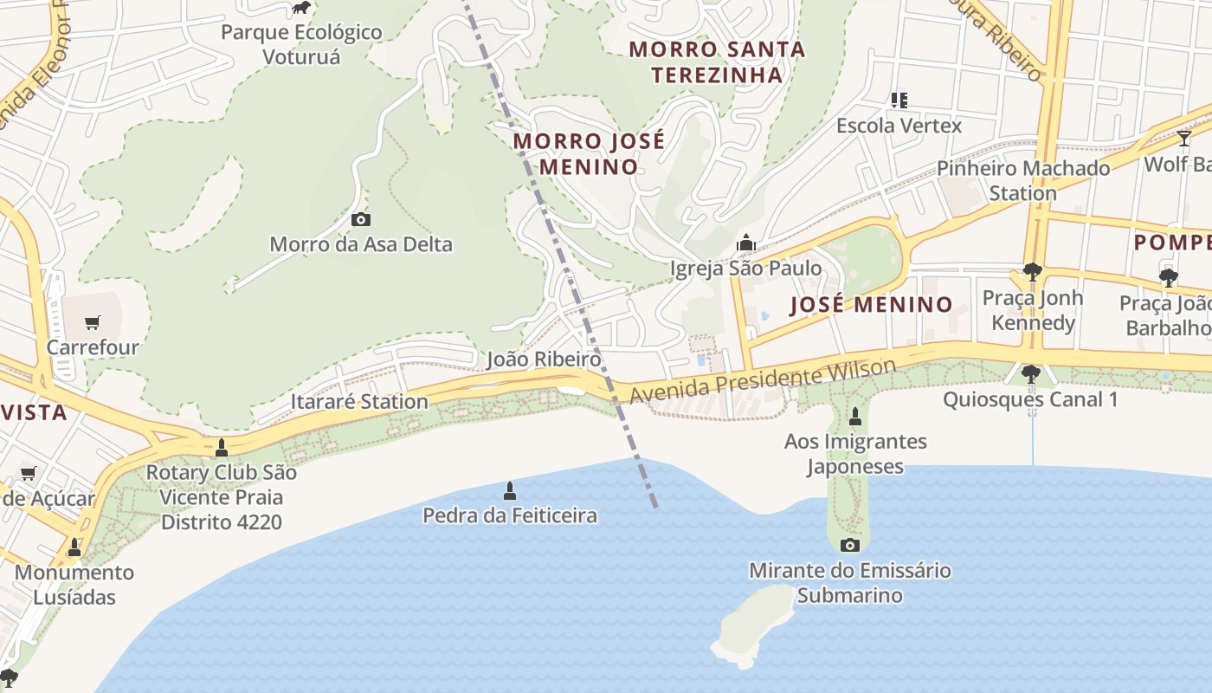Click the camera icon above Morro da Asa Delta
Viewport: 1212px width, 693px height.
point(361,220)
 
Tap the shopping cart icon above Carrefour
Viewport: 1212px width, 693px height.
point(93,323)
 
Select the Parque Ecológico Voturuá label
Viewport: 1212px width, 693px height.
point(301,45)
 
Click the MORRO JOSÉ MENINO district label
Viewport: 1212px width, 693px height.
point(589,153)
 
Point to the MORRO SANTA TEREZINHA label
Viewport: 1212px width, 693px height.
point(717,62)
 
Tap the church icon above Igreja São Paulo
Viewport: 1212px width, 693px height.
point(745,243)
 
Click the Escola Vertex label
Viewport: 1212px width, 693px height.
point(899,126)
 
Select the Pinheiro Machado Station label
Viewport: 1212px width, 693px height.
point(1023,180)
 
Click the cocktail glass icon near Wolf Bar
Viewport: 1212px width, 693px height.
point(1183,139)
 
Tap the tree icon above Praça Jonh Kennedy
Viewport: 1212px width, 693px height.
point(1032,272)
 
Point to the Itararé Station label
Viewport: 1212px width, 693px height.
point(359,402)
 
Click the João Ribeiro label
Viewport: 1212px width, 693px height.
point(544,359)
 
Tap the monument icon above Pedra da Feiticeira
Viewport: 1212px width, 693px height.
point(510,491)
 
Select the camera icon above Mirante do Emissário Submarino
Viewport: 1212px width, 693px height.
point(850,545)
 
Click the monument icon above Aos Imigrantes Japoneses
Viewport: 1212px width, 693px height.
point(855,417)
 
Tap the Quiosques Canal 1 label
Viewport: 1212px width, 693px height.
point(1030,399)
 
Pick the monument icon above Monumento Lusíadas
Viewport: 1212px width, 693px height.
point(74,547)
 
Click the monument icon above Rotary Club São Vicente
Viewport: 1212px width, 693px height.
point(222,448)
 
